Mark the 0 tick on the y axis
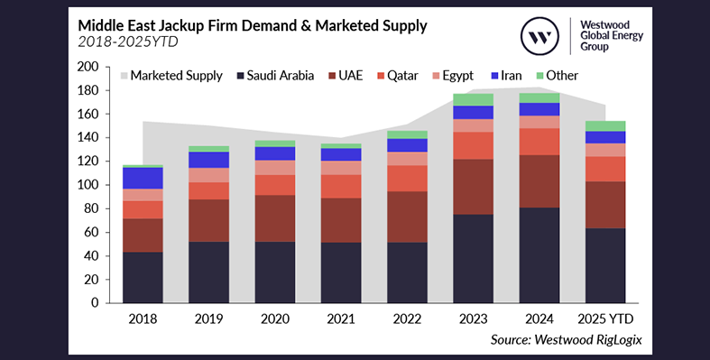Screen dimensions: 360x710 (x=94, y=302)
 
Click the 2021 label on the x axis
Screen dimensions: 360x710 (x=342, y=318)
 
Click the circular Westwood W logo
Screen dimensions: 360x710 (x=540, y=37)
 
